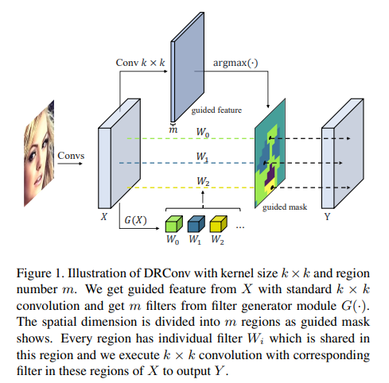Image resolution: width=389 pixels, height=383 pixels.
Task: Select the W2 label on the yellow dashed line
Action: pyautogui.click(x=204, y=182)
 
